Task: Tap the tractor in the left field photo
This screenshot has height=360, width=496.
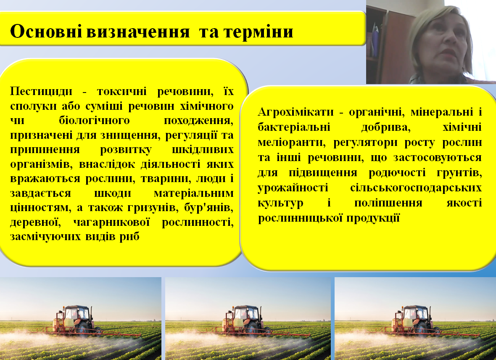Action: coord(76,320)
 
